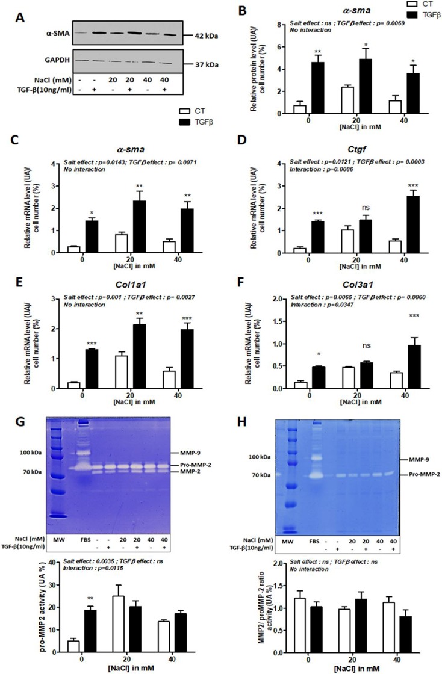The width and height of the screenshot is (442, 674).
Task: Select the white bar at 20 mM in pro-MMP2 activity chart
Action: pos(122,632)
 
